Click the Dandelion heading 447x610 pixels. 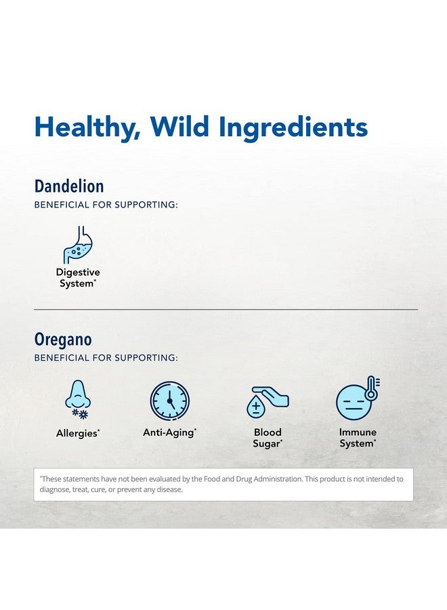tap(69, 186)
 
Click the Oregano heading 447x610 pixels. tap(63, 340)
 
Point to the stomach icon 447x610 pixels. tap(78, 245)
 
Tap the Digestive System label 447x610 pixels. tap(78, 278)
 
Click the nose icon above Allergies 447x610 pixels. tap(77, 394)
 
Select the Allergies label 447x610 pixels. tap(78, 433)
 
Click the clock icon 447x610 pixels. tap(170, 401)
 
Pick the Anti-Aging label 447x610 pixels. tap(169, 433)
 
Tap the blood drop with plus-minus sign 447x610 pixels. tap(256, 407)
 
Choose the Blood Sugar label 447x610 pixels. tap(268, 438)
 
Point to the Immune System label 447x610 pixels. tap(358, 438)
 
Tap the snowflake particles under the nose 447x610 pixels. tap(80, 414)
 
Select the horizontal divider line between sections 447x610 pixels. tap(226, 310)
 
